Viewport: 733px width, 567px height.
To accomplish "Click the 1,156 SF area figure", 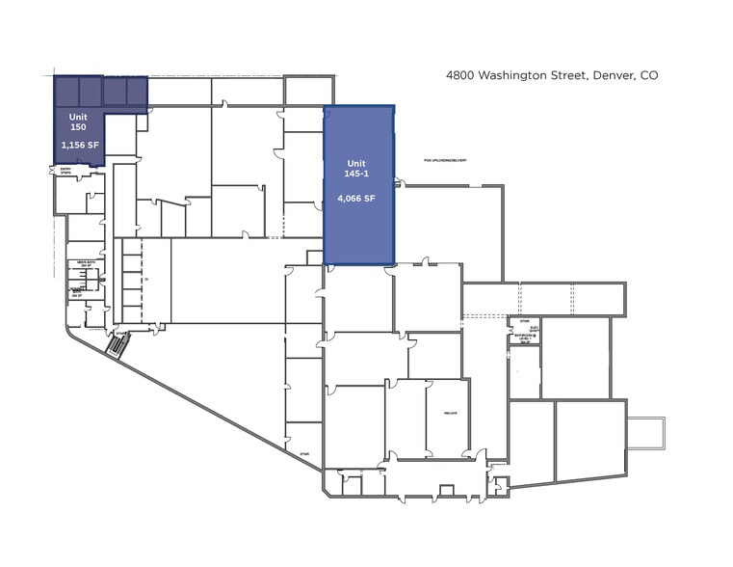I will point(80,145).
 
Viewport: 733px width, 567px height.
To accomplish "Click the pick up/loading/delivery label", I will point(445,160).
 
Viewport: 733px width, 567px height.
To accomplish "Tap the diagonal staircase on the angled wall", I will point(116,343).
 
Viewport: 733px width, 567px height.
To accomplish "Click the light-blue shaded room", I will point(359,185).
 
